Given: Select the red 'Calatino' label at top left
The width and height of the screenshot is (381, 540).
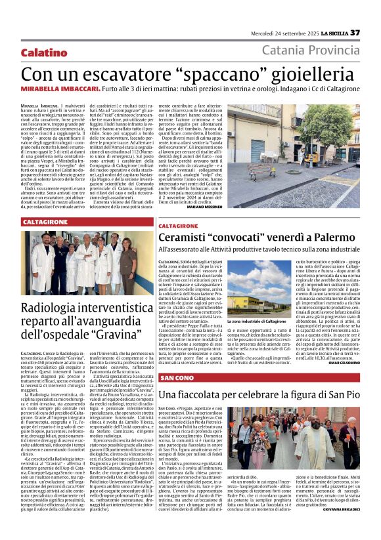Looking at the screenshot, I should coord(43,52).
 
